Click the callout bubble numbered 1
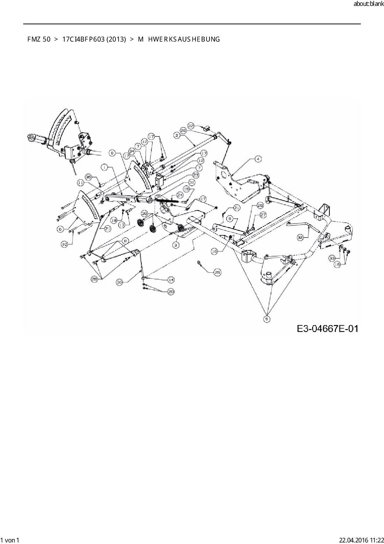105,167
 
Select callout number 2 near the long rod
177,135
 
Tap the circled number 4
258,159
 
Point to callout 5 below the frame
267,319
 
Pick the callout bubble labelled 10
64,244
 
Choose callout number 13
122,225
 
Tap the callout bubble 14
171,280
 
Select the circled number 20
171,292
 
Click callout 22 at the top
191,126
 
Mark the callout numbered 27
263,215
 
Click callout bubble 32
300,238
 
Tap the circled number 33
332,258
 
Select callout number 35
89,177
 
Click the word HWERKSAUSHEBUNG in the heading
184,39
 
